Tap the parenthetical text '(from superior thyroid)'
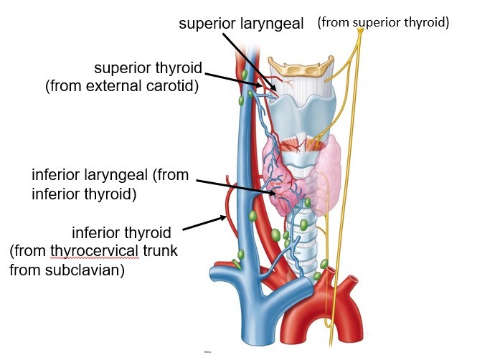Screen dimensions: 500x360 click(383, 23)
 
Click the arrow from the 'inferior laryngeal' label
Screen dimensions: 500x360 click(237, 186)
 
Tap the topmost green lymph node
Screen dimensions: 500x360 click(245, 75)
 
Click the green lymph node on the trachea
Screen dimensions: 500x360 click(303, 224)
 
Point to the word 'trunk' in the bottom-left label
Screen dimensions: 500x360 click(157, 252)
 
